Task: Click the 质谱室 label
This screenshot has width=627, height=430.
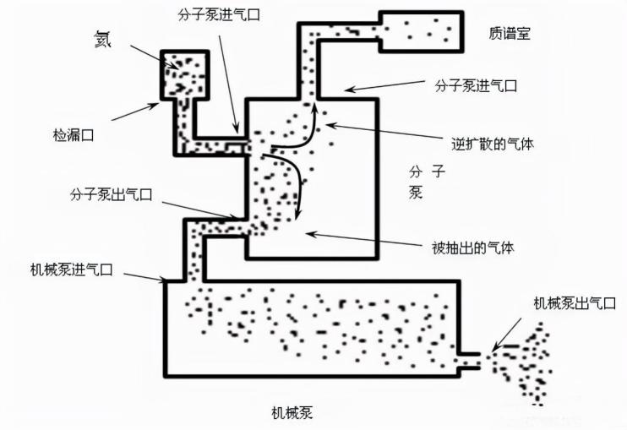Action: pos(510,33)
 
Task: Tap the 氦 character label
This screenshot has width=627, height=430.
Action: pos(105,39)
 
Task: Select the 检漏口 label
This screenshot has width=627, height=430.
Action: pos(72,133)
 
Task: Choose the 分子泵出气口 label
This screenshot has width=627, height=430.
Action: pos(111,194)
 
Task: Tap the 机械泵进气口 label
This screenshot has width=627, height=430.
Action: pos(71,269)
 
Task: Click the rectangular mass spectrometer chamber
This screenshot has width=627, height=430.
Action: pos(422,31)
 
